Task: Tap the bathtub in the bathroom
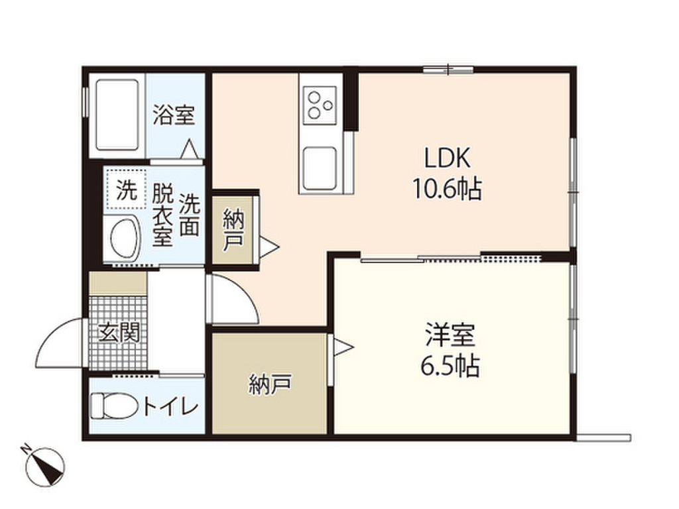[x=118, y=115]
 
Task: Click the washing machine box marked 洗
[x=125, y=191]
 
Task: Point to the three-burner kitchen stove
[x=320, y=105]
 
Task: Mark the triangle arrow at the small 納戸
[x=268, y=247]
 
